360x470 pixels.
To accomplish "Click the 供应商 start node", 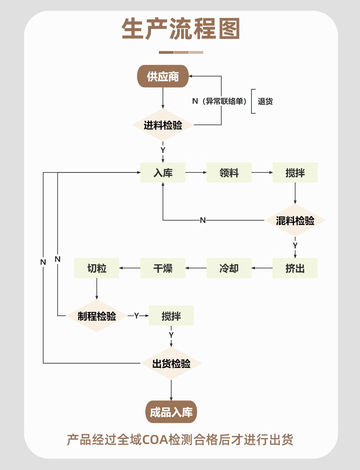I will [163, 76].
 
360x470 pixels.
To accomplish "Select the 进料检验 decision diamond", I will [163, 125].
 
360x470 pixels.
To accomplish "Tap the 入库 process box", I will [163, 173].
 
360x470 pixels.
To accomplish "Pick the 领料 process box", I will [229, 173].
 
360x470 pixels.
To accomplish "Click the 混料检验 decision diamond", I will [295, 220].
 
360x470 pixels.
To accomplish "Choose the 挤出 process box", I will [295, 268].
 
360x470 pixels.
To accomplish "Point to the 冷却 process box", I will [229, 268].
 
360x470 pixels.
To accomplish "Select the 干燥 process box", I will [163, 268].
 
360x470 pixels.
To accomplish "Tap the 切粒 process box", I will [97, 268].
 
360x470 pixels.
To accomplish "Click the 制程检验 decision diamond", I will [97, 316].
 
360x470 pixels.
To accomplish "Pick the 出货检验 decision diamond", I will [171, 364].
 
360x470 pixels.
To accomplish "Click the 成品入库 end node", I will [171, 412].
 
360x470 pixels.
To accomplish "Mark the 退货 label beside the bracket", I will [265, 101].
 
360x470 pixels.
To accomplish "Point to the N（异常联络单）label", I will [219, 101].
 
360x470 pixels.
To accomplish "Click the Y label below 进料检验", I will [163, 150].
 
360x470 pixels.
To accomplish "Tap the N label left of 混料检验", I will [203, 220].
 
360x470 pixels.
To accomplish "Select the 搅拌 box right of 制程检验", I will [171, 316].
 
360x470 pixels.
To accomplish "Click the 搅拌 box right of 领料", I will [295, 173].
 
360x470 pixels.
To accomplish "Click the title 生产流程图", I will [181, 29].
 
